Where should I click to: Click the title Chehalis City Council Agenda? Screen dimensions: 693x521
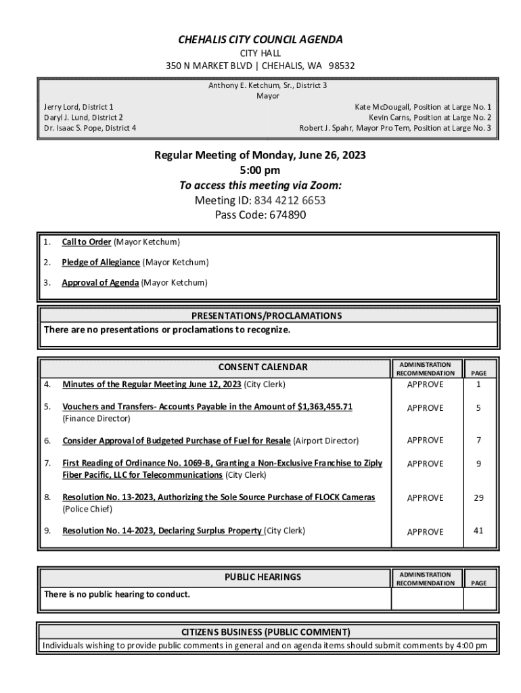click(260, 40)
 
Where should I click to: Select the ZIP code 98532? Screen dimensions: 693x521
click(342, 66)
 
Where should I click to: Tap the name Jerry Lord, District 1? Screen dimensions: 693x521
click(78, 107)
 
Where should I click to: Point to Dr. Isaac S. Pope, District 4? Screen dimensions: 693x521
click(89, 127)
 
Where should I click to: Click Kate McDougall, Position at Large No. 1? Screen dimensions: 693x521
click(423, 107)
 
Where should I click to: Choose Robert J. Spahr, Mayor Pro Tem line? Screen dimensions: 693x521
click(395, 127)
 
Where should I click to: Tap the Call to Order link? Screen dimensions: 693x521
click(87, 242)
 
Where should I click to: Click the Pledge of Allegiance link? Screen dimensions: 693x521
click(101, 262)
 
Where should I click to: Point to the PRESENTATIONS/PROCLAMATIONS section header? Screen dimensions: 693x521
click(267, 316)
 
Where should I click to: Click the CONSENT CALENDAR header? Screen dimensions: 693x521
click(263, 367)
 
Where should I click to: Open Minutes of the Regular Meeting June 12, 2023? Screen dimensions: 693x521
click(152, 384)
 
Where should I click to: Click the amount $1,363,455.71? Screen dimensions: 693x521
click(325, 407)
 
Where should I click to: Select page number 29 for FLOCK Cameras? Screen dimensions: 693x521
click(478, 497)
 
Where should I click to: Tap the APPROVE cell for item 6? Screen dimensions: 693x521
click(425, 441)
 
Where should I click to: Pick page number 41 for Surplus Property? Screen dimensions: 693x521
click(478, 531)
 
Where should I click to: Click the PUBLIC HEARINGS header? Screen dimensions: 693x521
click(263, 577)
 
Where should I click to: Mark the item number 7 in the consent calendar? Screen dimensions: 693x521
click(47, 463)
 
